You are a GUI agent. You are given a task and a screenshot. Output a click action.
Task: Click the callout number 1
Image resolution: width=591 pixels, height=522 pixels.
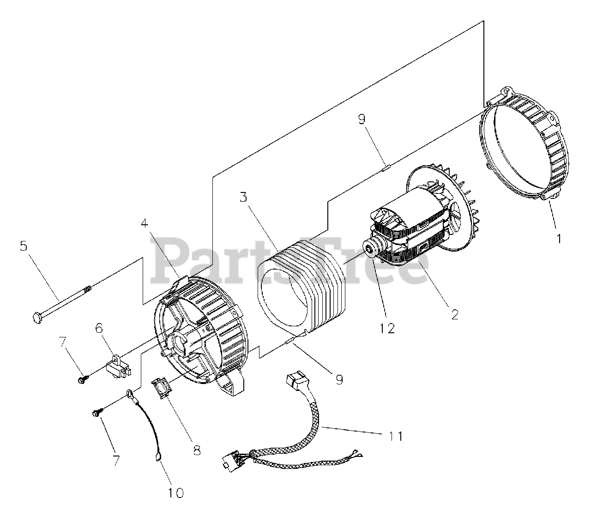click(559, 239)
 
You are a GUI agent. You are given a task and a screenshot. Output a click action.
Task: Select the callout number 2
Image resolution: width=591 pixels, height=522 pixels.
click(454, 314)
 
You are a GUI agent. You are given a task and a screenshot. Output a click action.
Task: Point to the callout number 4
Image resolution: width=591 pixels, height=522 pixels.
click(145, 224)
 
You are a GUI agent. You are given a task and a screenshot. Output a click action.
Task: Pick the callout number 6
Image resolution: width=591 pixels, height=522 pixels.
click(100, 328)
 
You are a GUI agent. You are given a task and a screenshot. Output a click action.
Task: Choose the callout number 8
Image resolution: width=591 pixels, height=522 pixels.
click(197, 450)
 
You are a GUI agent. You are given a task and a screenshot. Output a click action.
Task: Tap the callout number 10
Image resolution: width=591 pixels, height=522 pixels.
click(176, 492)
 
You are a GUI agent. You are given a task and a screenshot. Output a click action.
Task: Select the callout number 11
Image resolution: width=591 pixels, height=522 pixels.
click(396, 435)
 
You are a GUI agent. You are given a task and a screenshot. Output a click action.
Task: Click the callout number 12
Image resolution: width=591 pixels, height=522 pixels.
click(387, 328)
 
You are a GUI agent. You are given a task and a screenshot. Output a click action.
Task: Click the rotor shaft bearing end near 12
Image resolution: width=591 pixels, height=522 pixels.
click(371, 249)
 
